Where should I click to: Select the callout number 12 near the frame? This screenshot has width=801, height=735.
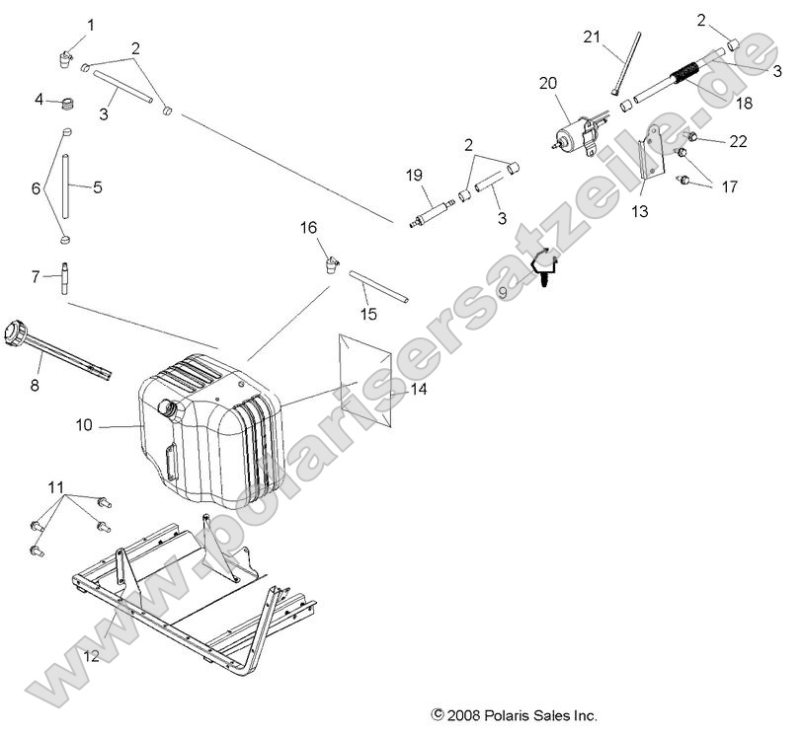pyautogui.click(x=91, y=653)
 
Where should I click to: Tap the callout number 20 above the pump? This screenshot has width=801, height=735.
pyautogui.click(x=548, y=84)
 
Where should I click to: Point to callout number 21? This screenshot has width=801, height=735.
pyautogui.click(x=592, y=37)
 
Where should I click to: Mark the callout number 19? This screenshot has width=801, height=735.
pyautogui.click(x=414, y=175)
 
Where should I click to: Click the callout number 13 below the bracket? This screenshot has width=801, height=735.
pyautogui.click(x=640, y=211)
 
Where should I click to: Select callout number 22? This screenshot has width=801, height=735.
pyautogui.click(x=738, y=142)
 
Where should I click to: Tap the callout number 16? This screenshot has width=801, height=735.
pyautogui.click(x=309, y=228)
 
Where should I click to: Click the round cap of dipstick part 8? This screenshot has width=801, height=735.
pyautogui.click(x=17, y=330)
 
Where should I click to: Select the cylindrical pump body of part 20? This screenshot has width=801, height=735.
pyautogui.click(x=572, y=134)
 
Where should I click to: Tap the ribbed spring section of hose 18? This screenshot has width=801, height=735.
pyautogui.click(x=683, y=73)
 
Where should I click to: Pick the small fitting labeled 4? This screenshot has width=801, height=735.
pyautogui.click(x=68, y=102)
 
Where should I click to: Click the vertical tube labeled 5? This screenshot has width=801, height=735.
pyautogui.click(x=68, y=184)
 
